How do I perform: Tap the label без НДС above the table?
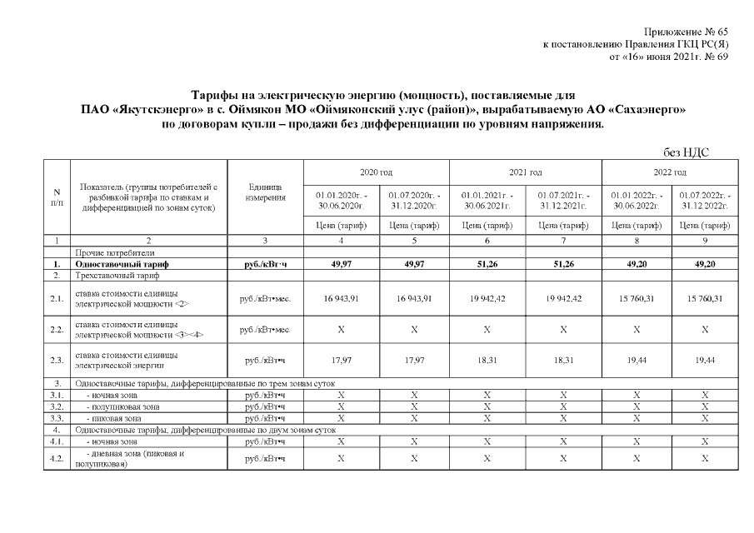[x=688, y=152]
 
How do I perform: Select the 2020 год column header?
[x=376, y=172]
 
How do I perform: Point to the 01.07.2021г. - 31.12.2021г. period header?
[x=563, y=200]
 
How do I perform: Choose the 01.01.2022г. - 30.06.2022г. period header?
[x=636, y=200]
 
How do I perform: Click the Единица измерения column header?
[x=267, y=192]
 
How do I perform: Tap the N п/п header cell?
[x=57, y=197]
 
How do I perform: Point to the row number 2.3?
[x=57, y=360]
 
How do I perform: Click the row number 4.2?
[x=57, y=458]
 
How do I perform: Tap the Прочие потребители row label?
[x=115, y=252]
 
